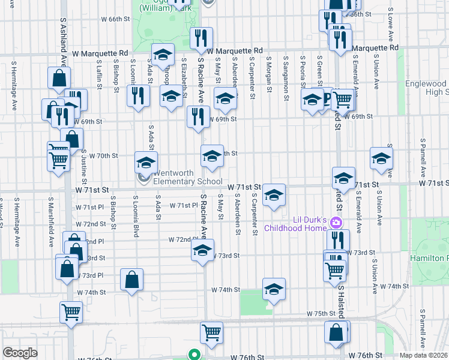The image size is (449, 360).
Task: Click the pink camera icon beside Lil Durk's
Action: [x=336, y=223]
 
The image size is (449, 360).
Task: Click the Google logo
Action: [x=20, y=353]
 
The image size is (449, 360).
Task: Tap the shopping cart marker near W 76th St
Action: [x=211, y=333]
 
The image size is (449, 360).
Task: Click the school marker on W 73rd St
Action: [x=203, y=250]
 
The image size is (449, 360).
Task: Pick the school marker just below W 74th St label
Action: [x=274, y=290]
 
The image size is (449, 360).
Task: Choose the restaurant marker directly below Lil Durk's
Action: [x=338, y=240]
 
